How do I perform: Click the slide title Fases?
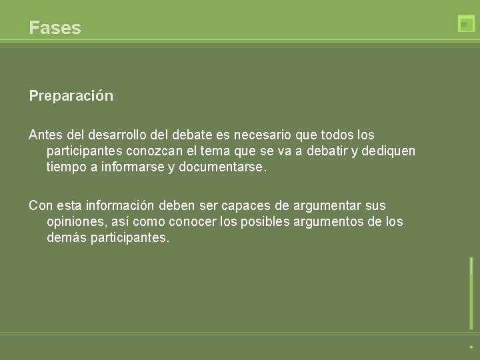(x=55, y=28)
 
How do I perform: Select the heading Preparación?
(x=71, y=96)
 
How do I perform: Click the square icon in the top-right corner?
(x=466, y=23)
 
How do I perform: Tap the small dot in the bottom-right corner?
(x=471, y=347)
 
